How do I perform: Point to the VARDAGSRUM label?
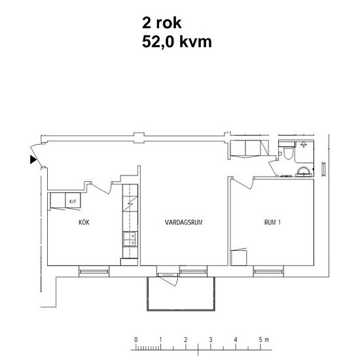[185, 223]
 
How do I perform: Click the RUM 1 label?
[272, 223]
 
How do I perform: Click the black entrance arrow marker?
[32, 159]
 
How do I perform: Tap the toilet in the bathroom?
[289, 154]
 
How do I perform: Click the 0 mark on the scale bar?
[135, 340]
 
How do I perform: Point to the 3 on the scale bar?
[211, 340]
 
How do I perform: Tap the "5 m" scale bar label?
[264, 340]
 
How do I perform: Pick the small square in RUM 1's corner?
[240, 257]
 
